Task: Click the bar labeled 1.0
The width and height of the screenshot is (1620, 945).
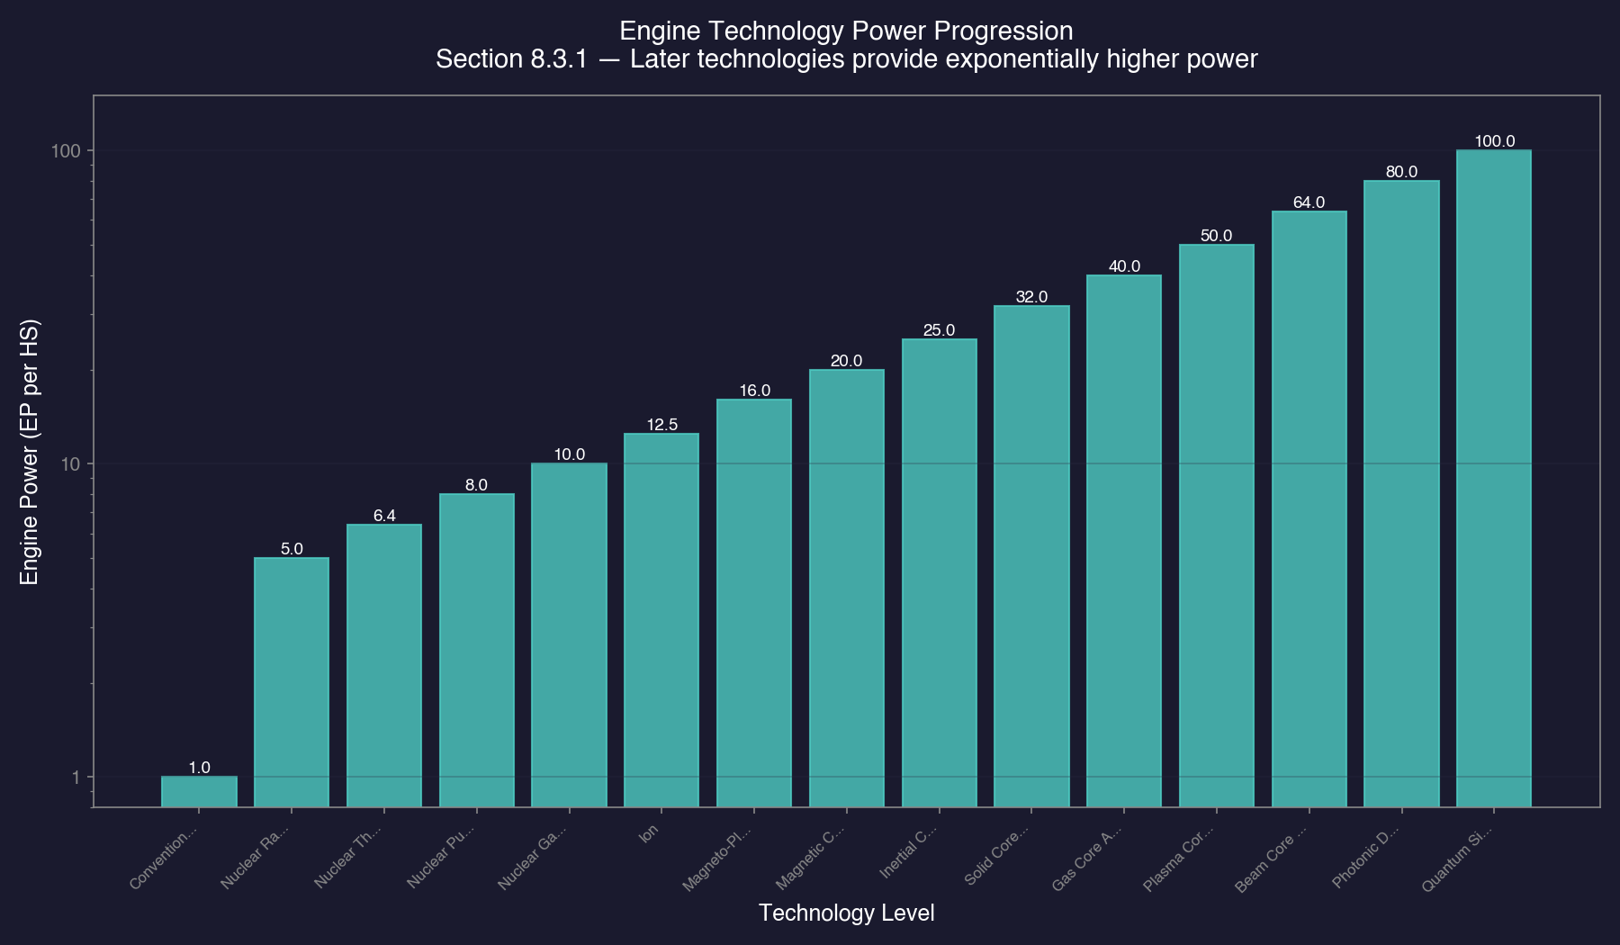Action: point(199,791)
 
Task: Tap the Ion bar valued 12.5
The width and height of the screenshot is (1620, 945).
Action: point(661,620)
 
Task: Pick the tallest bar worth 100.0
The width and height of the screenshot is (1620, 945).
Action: point(1493,478)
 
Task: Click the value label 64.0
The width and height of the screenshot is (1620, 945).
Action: point(1309,202)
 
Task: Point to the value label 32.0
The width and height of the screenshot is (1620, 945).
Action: point(1031,297)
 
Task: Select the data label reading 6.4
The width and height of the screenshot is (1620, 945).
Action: point(384,516)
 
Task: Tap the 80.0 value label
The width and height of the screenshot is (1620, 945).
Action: point(1401,172)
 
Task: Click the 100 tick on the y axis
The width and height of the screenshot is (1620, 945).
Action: point(66,150)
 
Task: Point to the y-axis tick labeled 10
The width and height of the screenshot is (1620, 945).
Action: point(70,463)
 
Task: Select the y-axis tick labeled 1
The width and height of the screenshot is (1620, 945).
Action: point(76,777)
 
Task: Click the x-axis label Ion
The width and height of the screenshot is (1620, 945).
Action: point(649,833)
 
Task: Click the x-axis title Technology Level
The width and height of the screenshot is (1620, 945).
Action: point(846,913)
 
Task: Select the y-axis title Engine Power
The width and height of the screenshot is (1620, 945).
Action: point(30,451)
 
